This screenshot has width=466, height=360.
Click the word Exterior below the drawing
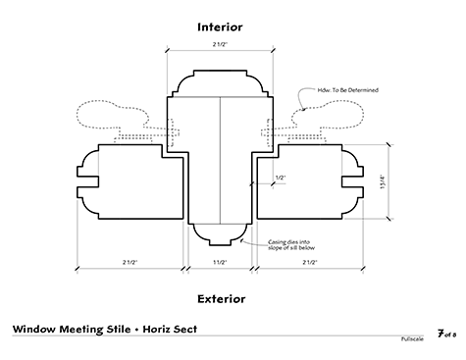point(220,297)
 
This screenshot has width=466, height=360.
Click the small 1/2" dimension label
point(281,178)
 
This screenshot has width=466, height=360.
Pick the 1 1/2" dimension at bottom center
point(220,262)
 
